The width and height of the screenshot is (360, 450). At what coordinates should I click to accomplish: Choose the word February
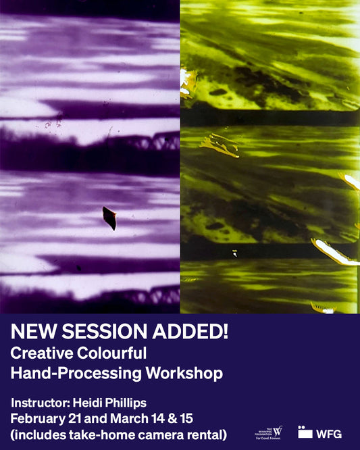click(39, 418)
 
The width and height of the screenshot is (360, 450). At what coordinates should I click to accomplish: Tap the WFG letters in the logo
click(329, 433)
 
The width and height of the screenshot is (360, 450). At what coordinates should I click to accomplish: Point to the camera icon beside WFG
click(305, 432)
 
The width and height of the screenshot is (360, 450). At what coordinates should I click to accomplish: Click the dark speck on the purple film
click(109, 218)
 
